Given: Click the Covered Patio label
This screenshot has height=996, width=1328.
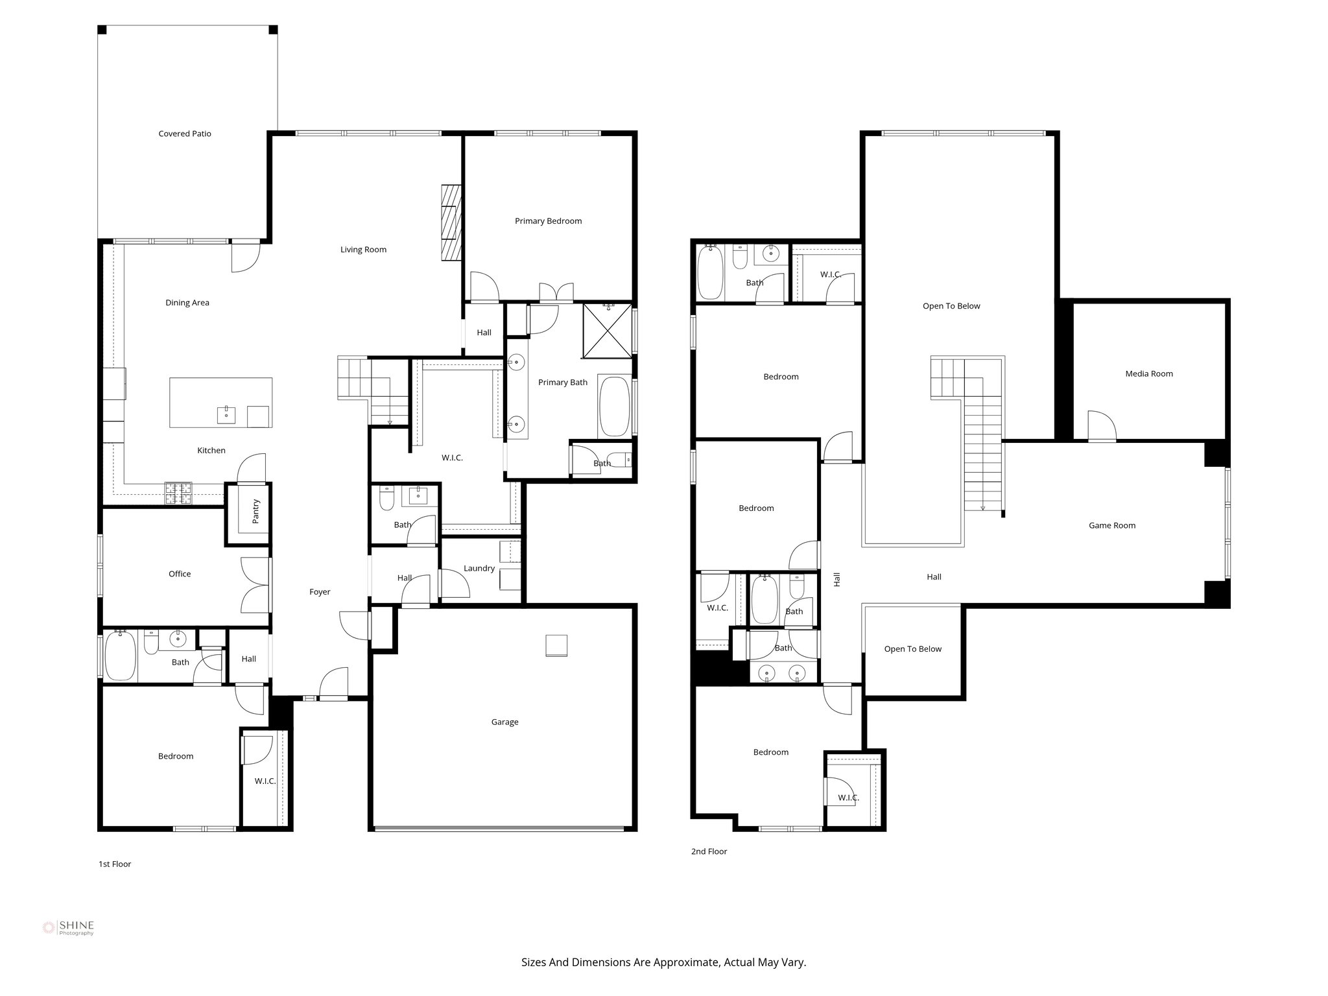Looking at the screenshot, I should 185,134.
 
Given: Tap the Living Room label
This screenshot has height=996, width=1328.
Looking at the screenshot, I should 363,250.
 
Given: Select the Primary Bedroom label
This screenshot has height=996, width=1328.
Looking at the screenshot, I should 548,221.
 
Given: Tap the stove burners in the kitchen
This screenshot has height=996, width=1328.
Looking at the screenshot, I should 178,493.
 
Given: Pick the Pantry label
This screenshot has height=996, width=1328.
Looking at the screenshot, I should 255,512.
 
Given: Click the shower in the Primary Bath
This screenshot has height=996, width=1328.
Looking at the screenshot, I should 607,330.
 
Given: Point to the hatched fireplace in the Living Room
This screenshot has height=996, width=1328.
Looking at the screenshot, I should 450,222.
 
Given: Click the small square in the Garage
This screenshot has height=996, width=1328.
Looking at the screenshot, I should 556,646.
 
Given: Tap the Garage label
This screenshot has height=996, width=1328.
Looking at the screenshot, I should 504,722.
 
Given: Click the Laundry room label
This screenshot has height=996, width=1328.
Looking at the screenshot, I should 479,568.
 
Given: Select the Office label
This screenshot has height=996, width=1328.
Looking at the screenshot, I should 180,574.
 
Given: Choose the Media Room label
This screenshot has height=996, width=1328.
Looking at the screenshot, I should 1149,373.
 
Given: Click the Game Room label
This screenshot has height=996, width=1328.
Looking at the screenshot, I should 1111,525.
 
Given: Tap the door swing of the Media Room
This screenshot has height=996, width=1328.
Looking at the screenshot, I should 1102,425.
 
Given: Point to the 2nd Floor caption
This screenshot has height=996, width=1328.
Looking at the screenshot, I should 709,851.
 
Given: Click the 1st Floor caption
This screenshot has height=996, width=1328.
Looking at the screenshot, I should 115,864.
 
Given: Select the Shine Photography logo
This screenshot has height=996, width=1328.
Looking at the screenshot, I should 68,927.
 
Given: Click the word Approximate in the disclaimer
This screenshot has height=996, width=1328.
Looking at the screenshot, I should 686,962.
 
